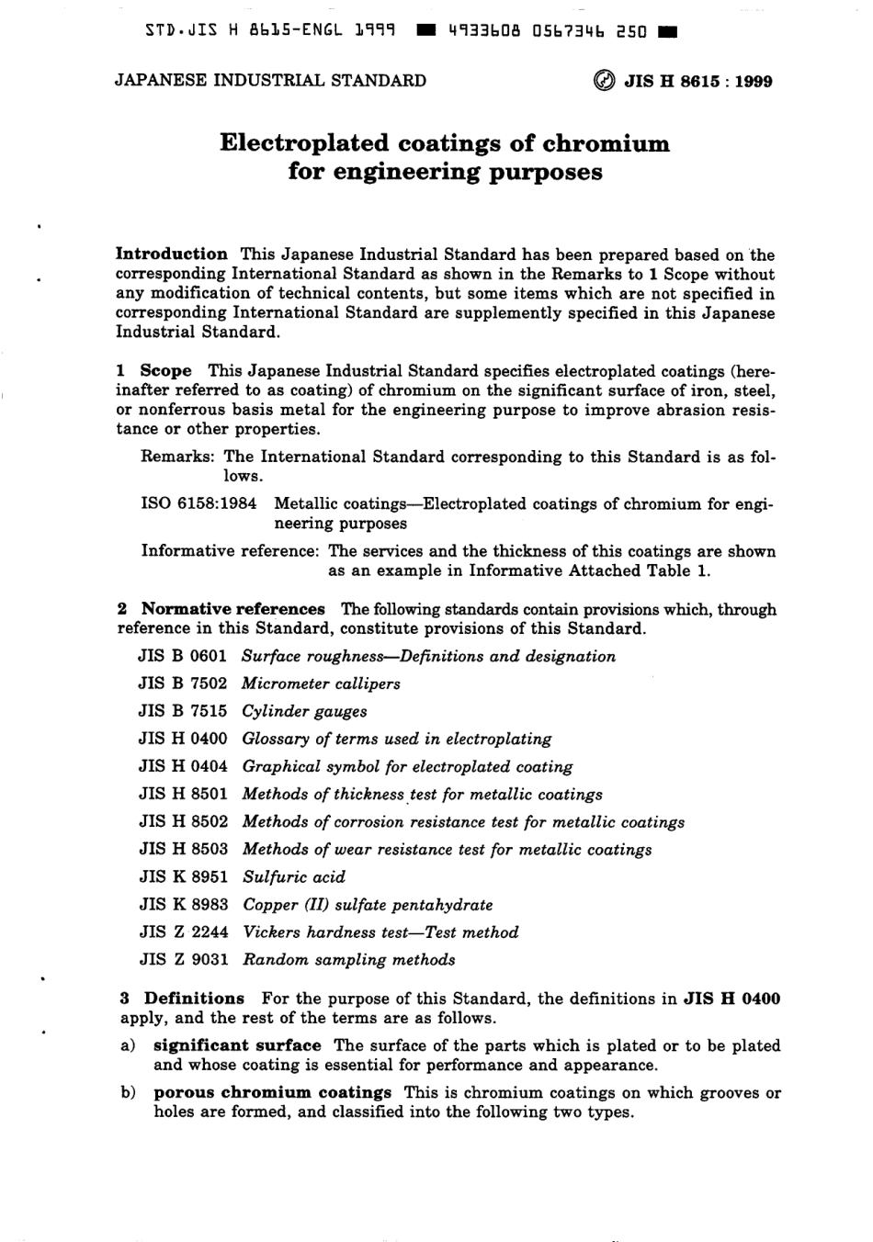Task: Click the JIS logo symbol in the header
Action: pyautogui.click(x=607, y=81)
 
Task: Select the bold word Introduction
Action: pyautogui.click(x=172, y=254)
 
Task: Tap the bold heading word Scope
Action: pyautogui.click(x=165, y=371)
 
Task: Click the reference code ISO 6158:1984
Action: pyautogui.click(x=198, y=504)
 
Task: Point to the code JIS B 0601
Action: pyautogui.click(x=183, y=657)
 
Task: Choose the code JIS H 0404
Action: pyautogui.click(x=183, y=767)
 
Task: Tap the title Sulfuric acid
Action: pyautogui.click(x=294, y=877)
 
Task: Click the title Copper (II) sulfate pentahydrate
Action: pyautogui.click(x=368, y=905)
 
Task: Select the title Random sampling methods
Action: pyautogui.click(x=349, y=960)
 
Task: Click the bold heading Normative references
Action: pyautogui.click(x=232, y=609)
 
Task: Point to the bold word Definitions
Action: pyautogui.click(x=194, y=999)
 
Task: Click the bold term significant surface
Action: pyautogui.click(x=237, y=1045)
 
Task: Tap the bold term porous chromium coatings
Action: pyautogui.click(x=272, y=1093)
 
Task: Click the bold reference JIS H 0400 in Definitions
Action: pyautogui.click(x=732, y=999)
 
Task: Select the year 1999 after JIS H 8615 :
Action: pyautogui.click(x=753, y=81)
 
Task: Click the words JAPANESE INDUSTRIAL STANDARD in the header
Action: pyautogui.click(x=270, y=81)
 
